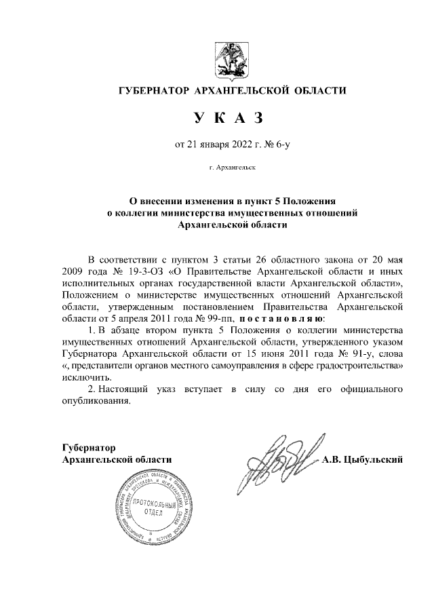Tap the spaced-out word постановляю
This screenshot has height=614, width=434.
(x=284, y=318)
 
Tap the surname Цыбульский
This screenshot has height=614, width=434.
(x=376, y=460)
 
